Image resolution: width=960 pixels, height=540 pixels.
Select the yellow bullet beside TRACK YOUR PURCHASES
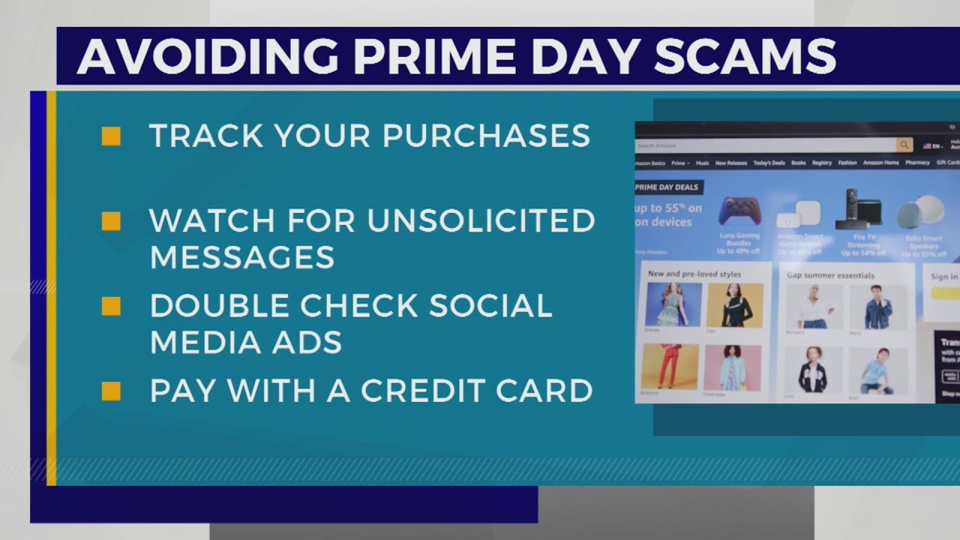tap(111, 136)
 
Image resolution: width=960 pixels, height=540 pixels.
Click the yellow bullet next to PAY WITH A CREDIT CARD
tap(111, 391)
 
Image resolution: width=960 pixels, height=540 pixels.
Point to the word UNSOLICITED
tap(481, 220)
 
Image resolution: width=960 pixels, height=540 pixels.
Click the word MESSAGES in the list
tap(241, 257)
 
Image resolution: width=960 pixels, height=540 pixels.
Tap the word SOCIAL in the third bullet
tap(490, 306)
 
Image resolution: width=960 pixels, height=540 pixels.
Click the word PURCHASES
tap(486, 136)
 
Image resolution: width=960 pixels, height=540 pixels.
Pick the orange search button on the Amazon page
tap(904, 145)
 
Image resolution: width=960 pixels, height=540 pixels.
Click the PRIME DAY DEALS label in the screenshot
tap(667, 187)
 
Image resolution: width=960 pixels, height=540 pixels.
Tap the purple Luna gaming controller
tap(739, 211)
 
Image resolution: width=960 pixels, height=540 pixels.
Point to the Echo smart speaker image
tap(921, 213)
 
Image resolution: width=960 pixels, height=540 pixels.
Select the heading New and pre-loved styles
tap(694, 274)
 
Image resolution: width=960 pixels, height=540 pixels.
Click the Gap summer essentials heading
tap(830, 275)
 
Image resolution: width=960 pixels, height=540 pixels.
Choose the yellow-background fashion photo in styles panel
tap(734, 304)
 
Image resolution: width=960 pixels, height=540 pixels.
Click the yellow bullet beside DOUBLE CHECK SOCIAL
tap(111, 306)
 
